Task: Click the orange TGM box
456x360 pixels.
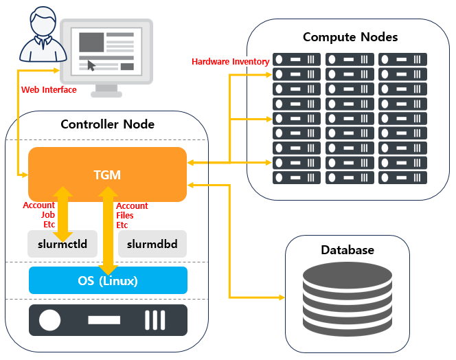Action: (107, 175)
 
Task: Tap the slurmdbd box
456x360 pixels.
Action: (152, 244)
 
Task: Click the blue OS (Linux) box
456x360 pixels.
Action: (107, 280)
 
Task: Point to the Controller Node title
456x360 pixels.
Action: (107, 124)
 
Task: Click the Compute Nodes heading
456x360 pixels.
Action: (350, 36)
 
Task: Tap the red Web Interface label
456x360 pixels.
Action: (49, 89)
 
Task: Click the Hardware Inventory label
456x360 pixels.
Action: (230, 62)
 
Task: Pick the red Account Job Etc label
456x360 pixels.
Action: (38, 214)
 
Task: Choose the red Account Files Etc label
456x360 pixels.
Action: (132, 215)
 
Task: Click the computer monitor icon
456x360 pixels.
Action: (106, 55)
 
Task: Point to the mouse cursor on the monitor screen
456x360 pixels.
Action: (91, 66)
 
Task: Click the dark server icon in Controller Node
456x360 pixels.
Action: (107, 320)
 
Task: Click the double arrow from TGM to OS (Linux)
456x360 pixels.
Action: (107, 229)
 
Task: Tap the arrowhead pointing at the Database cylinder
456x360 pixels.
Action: (280, 297)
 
